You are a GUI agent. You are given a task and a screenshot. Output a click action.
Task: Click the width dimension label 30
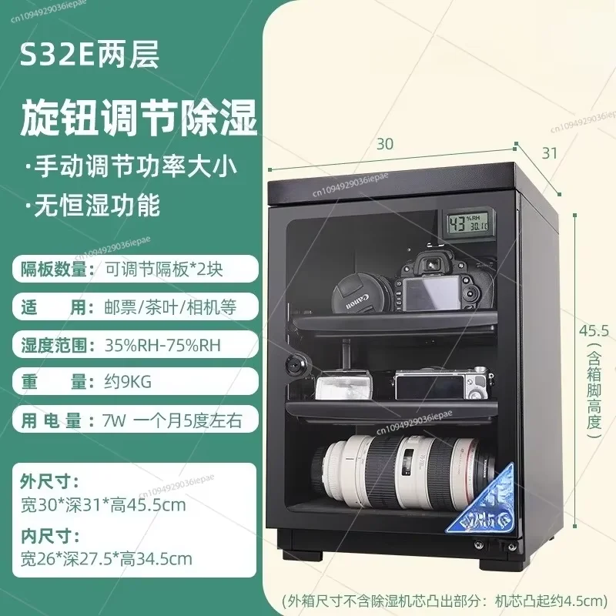(385, 143)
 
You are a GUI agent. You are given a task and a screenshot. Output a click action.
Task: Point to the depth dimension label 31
(549, 152)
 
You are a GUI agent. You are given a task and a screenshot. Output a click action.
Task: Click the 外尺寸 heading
(49, 483)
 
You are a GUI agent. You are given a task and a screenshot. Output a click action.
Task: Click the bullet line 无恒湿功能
(95, 206)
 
